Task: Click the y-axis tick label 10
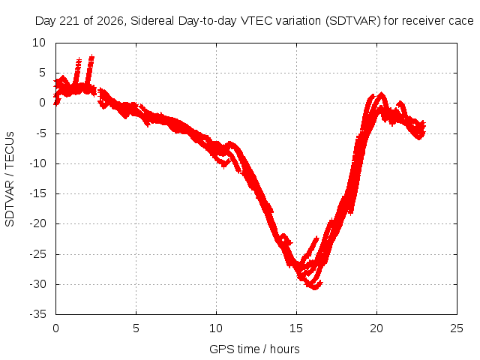tap(39, 43)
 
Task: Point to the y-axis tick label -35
tap(38, 314)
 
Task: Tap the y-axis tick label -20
tap(38, 223)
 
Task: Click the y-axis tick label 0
tap(42, 103)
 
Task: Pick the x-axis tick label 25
tap(457, 328)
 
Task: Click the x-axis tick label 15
tap(296, 328)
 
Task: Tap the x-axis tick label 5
tap(136, 328)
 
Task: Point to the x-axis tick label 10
tap(216, 328)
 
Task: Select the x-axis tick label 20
tap(376, 328)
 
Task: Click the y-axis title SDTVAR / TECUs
tap(10, 179)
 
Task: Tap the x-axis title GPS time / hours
tap(254, 349)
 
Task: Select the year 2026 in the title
tap(110, 21)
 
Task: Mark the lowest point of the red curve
tap(315, 288)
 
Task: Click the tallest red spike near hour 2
tap(91, 56)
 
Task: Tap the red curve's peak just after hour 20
tap(381, 93)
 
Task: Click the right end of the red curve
tap(424, 125)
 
